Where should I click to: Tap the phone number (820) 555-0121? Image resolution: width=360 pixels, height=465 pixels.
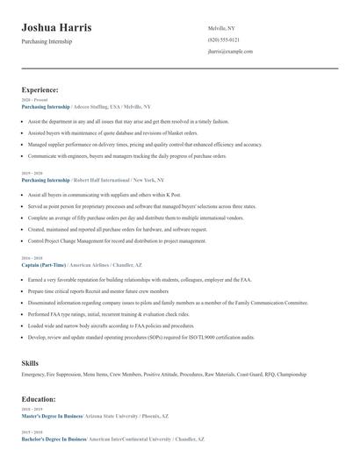223,40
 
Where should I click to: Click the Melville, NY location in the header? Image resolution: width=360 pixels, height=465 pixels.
221,29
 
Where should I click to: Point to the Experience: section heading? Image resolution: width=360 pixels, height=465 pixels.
40,89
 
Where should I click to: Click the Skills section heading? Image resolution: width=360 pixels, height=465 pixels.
30,361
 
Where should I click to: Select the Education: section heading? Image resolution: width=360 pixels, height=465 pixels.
40,398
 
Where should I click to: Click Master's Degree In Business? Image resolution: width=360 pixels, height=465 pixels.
51,415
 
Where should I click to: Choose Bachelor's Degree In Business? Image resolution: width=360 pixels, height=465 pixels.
54,438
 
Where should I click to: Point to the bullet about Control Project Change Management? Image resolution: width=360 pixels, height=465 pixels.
118,240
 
